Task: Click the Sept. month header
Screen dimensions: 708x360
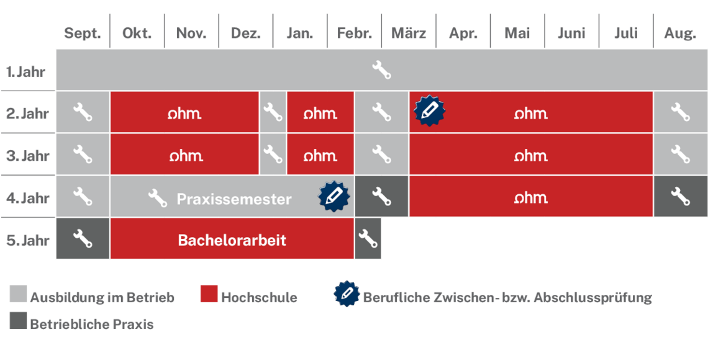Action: pyautogui.click(x=82, y=34)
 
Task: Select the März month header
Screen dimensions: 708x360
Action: pyautogui.click(x=409, y=34)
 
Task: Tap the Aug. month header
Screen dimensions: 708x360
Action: pyautogui.click(x=680, y=34)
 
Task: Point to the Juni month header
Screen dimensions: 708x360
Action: pyautogui.click(x=571, y=34)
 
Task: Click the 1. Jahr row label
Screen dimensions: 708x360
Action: pyautogui.click(x=25, y=72)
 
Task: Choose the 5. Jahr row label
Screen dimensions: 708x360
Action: pyautogui.click(x=27, y=240)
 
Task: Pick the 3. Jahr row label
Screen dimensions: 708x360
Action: pyautogui.click(x=27, y=156)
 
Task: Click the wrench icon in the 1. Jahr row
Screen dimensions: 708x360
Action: pyautogui.click(x=381, y=70)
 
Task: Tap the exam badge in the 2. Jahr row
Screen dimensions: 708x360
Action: pyautogui.click(x=429, y=110)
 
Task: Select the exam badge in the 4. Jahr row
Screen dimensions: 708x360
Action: pyautogui.click(x=334, y=196)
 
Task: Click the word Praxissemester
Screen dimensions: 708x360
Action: pyautogui.click(x=234, y=199)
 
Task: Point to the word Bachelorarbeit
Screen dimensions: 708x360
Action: pyautogui.click(x=232, y=240)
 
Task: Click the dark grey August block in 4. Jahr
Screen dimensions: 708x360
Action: pyautogui.click(x=681, y=196)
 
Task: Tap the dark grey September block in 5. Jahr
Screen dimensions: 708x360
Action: pyautogui.click(x=83, y=238)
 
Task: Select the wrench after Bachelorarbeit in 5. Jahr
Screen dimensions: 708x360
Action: pyautogui.click(x=368, y=238)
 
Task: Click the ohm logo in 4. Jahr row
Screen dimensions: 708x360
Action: pyautogui.click(x=531, y=197)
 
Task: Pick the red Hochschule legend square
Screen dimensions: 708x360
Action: pyautogui.click(x=209, y=294)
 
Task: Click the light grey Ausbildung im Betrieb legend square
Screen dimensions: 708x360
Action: pyautogui.click(x=18, y=294)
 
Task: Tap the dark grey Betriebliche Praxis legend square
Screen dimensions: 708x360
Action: pyautogui.click(x=18, y=320)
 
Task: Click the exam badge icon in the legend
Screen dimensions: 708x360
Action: pyautogui.click(x=347, y=294)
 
